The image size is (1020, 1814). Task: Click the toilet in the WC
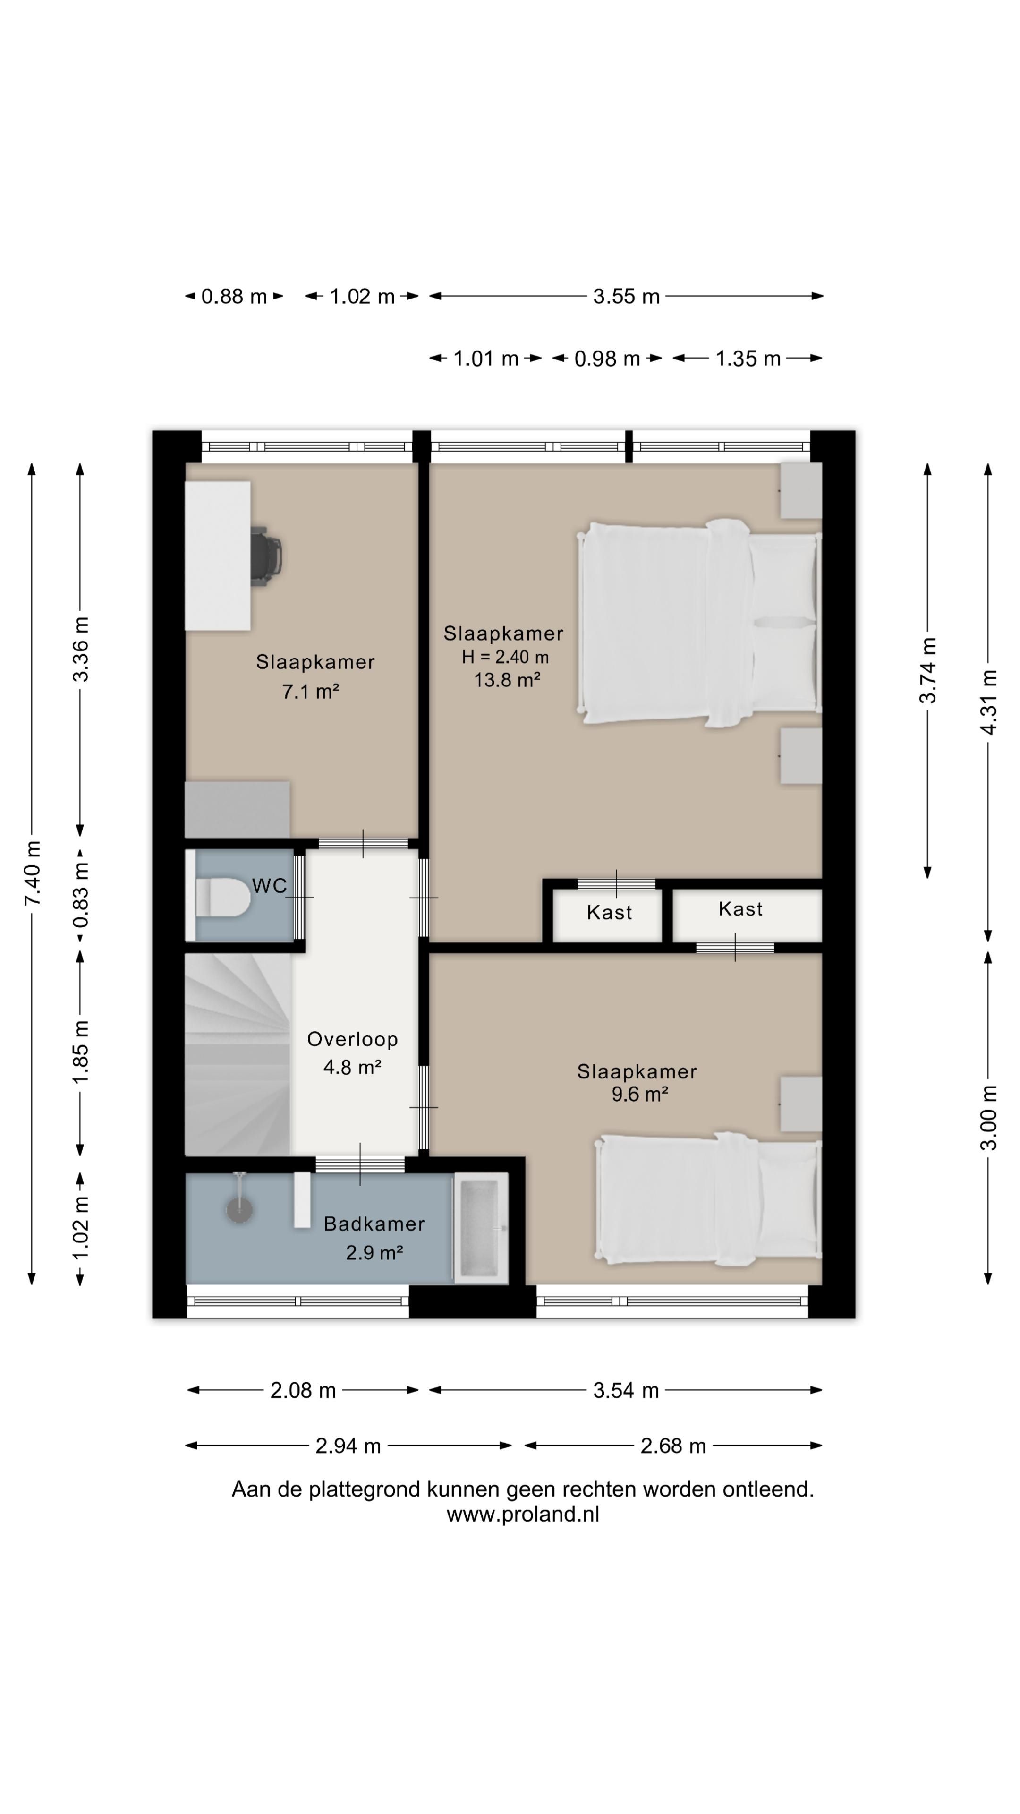[220, 897]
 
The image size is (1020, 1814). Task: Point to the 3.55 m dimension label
[626, 297]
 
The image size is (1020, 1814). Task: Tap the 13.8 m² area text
[507, 680]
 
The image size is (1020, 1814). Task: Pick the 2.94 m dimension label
[348, 1446]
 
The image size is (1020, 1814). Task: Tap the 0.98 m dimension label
[607, 359]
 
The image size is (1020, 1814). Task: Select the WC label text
[270, 886]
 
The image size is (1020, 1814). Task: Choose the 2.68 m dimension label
[672, 1446]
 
